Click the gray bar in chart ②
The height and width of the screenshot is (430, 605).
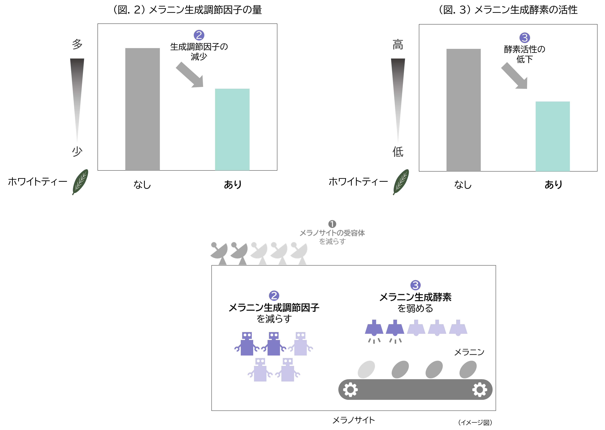click(x=142, y=109)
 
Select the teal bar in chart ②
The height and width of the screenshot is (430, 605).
click(x=232, y=129)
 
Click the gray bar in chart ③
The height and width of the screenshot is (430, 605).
click(x=463, y=110)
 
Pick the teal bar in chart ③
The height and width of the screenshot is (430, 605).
click(x=553, y=136)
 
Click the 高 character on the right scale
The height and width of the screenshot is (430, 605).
click(x=398, y=44)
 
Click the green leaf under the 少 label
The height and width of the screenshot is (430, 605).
click(x=80, y=182)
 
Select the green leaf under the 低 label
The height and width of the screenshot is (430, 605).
click(x=401, y=182)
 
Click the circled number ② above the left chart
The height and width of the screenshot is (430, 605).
click(x=199, y=35)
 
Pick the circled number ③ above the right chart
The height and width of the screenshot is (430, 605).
click(x=524, y=38)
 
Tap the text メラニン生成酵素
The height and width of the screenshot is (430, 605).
click(x=415, y=297)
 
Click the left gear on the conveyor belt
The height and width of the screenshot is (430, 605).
click(x=350, y=389)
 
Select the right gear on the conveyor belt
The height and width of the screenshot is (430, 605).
click(x=480, y=389)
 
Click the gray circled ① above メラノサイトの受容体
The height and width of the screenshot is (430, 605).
click(x=332, y=224)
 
